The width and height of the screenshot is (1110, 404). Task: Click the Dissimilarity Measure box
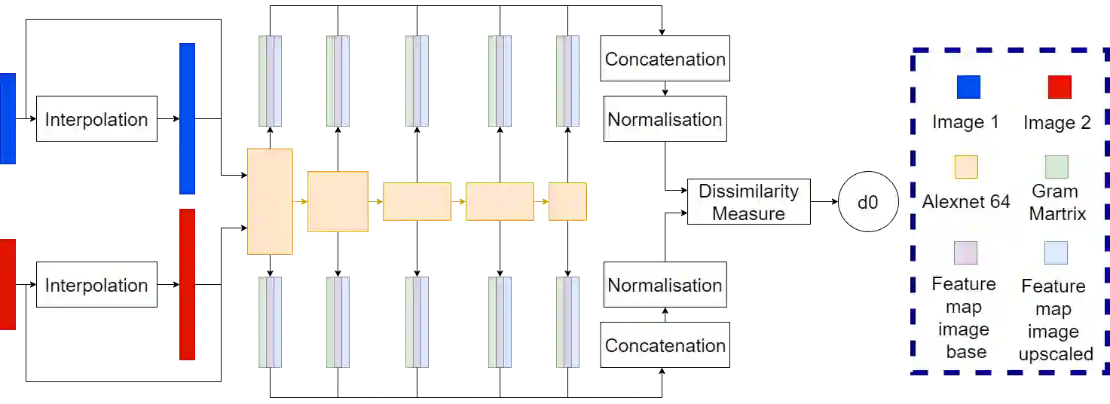[748, 202]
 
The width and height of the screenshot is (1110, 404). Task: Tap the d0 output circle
[868, 202]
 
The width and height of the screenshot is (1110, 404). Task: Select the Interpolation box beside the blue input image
[96, 119]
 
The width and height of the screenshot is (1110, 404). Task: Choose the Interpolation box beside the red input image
[96, 284]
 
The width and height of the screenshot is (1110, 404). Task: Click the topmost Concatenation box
[665, 59]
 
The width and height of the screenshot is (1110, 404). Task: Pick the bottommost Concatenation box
[665, 344]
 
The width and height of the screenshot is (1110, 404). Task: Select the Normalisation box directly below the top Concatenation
[665, 119]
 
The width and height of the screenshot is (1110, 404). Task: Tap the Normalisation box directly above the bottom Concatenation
[665, 284]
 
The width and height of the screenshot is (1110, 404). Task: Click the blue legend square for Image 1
[968, 87]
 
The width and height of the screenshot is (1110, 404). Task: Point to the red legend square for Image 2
[1059, 87]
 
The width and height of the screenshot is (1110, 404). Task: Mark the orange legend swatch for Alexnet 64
[966, 167]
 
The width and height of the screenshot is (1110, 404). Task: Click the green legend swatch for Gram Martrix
[1056, 167]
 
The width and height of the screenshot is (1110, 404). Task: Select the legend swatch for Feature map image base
[965, 252]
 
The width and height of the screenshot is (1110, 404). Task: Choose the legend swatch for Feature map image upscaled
[1055, 252]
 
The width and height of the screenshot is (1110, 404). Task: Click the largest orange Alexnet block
[271, 201]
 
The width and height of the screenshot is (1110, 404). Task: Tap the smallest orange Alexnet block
[567, 201]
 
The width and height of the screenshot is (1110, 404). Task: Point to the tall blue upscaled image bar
[187, 119]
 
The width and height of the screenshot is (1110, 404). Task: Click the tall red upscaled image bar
[187, 284]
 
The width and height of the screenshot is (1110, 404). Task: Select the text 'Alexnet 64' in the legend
[966, 202]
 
